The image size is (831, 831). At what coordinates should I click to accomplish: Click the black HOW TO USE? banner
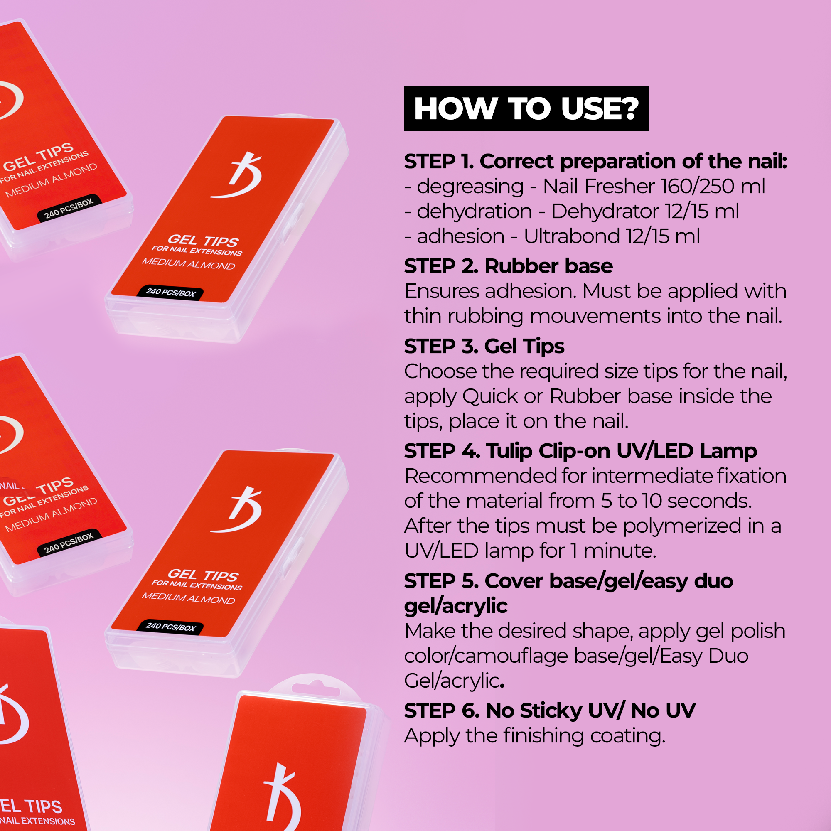coord(526,109)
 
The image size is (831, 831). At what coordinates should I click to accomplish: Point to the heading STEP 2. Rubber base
coord(509,266)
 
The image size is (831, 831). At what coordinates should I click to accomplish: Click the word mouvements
coord(596,317)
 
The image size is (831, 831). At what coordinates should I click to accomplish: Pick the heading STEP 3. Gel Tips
coord(484,347)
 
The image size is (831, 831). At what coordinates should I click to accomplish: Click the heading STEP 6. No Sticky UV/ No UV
coord(550,711)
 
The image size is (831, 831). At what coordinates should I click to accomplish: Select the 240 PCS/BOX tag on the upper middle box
coord(170,293)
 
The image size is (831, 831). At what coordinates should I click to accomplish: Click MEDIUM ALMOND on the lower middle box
coord(188,598)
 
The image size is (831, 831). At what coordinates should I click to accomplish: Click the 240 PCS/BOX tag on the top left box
coord(69,208)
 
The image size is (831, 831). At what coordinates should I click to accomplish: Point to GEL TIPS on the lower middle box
coord(203,575)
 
